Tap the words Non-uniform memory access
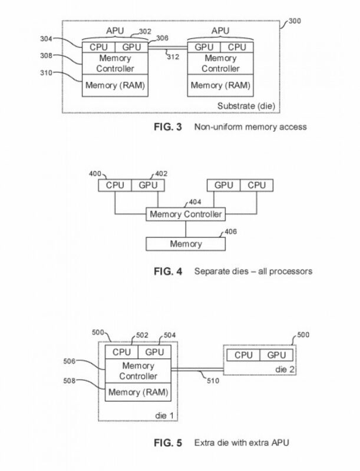250,127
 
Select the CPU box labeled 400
115,185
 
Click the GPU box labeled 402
147,185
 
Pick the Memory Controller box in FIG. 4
186,214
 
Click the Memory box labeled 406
185,243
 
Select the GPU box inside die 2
276,356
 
